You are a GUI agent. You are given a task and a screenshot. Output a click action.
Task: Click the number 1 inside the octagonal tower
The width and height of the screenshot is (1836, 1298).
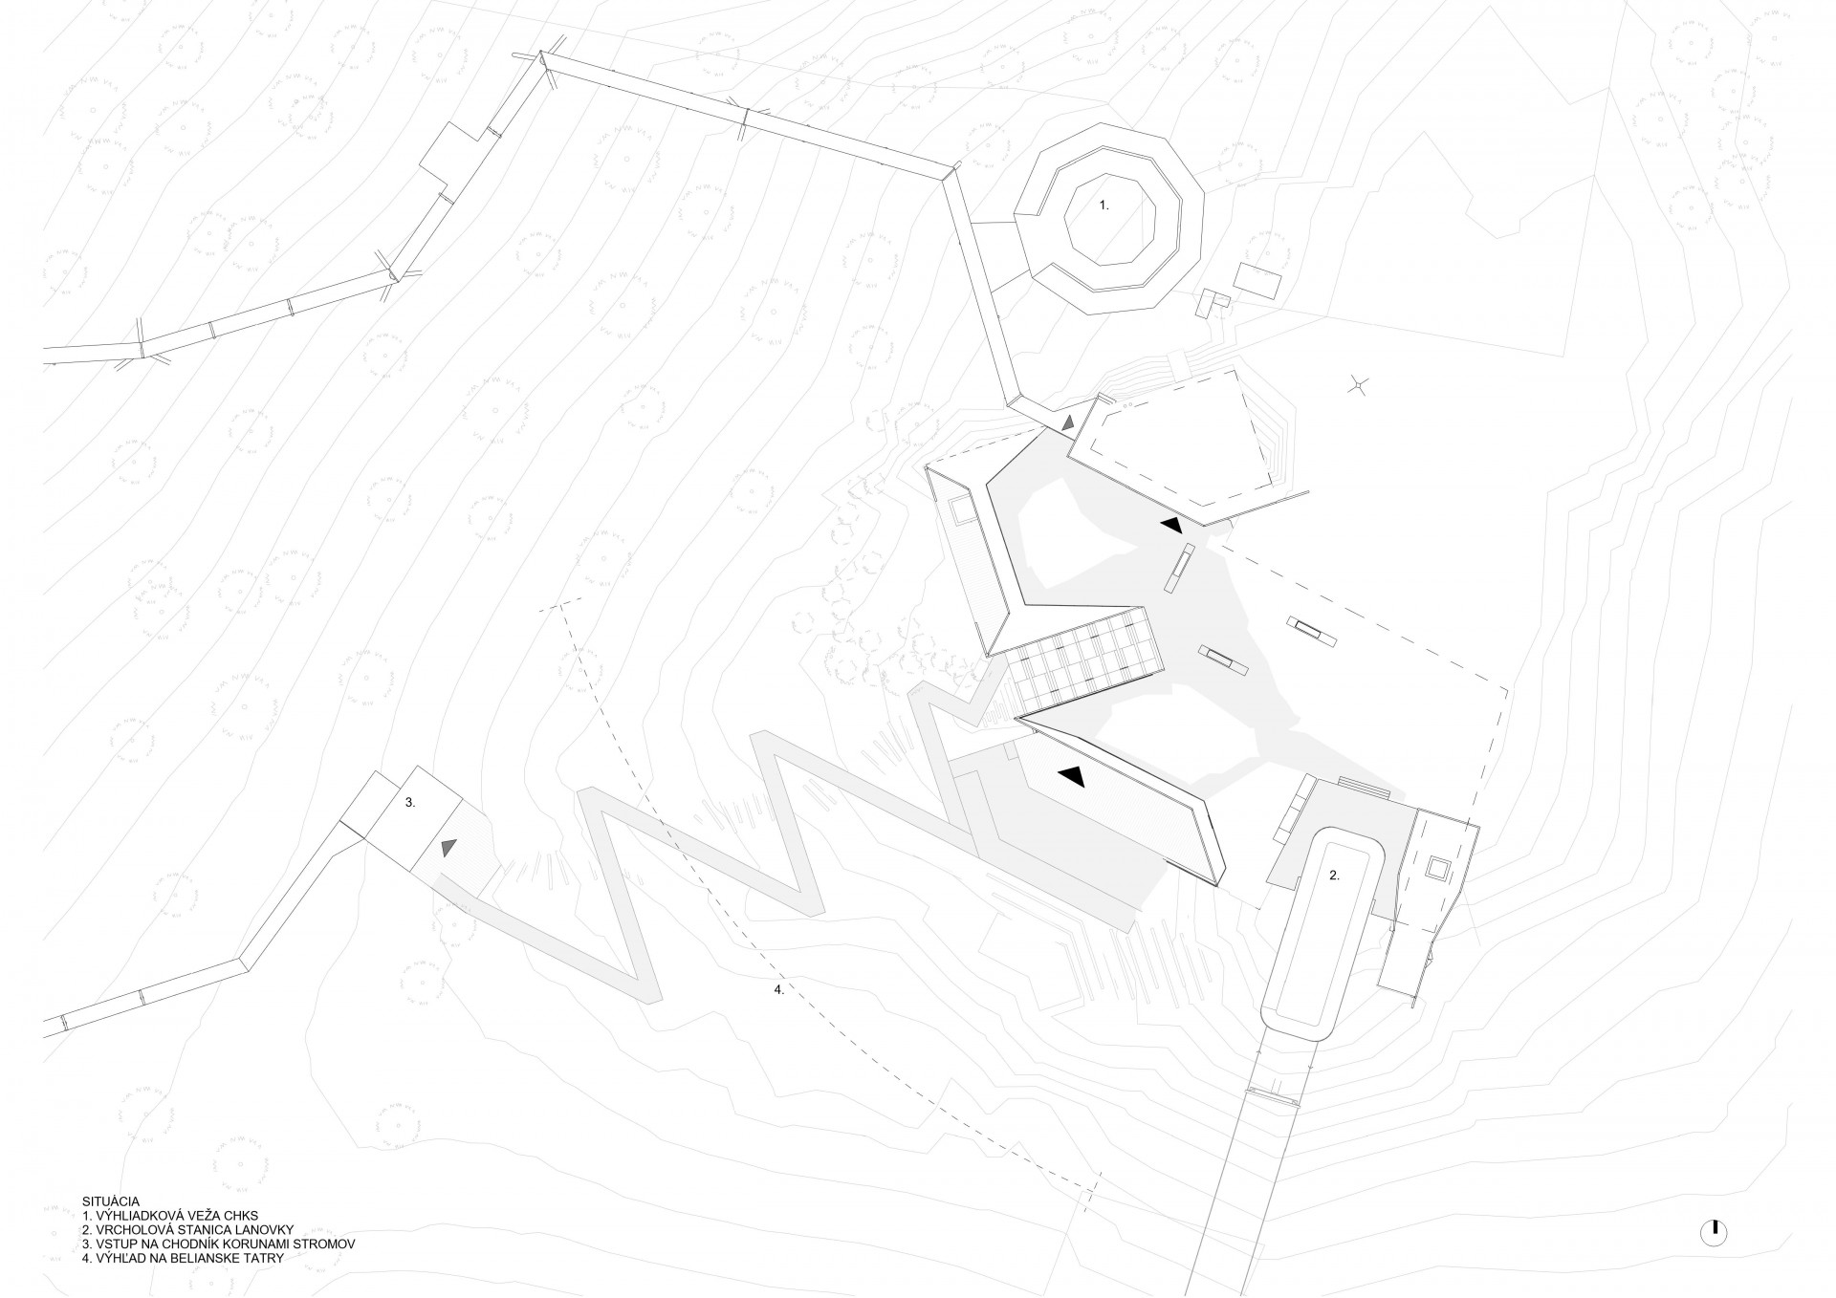[x=1103, y=206]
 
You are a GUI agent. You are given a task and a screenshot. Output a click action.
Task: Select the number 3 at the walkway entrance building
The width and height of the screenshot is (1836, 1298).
[x=410, y=804]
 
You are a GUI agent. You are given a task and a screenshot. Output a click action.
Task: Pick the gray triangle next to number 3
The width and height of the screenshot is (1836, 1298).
[x=447, y=847]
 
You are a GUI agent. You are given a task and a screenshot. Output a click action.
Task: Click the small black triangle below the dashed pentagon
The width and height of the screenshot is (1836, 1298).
[x=1170, y=525]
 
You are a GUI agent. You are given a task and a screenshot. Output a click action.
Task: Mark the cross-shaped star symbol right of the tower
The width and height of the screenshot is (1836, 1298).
[x=1358, y=385]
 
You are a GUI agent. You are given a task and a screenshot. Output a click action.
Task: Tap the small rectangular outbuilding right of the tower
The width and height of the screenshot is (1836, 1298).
[x=1258, y=279]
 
